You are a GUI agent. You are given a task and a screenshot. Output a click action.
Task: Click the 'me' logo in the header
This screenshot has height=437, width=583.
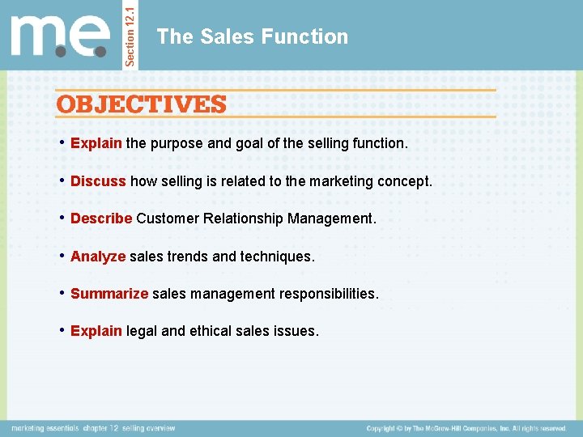point(61,36)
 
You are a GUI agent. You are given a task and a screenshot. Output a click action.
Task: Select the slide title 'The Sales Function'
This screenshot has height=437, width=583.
point(253,36)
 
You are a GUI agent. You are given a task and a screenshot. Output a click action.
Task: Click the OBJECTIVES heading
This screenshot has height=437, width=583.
point(141,104)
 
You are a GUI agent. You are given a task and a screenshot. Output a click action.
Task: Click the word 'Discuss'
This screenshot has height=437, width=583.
point(98,181)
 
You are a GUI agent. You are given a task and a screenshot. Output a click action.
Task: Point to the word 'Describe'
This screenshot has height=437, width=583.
point(101,218)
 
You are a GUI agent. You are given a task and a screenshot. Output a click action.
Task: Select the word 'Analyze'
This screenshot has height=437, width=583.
point(98,257)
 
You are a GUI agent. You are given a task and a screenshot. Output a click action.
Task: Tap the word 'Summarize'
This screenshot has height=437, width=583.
point(109,294)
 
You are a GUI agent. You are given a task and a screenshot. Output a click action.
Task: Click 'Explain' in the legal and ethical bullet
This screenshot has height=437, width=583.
point(96,331)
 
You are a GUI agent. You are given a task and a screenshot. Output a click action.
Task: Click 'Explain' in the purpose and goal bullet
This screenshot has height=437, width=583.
point(96,143)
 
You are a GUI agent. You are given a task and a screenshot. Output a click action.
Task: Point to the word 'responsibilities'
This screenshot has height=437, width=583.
point(329,294)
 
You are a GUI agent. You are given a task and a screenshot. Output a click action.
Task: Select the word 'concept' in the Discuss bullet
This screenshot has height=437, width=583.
point(407,181)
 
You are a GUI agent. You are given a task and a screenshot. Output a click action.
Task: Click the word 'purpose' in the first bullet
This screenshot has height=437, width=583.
point(174,143)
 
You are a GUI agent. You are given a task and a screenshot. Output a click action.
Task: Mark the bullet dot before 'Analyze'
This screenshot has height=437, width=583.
point(62,256)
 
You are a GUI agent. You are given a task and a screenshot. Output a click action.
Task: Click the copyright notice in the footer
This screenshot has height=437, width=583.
point(466,428)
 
